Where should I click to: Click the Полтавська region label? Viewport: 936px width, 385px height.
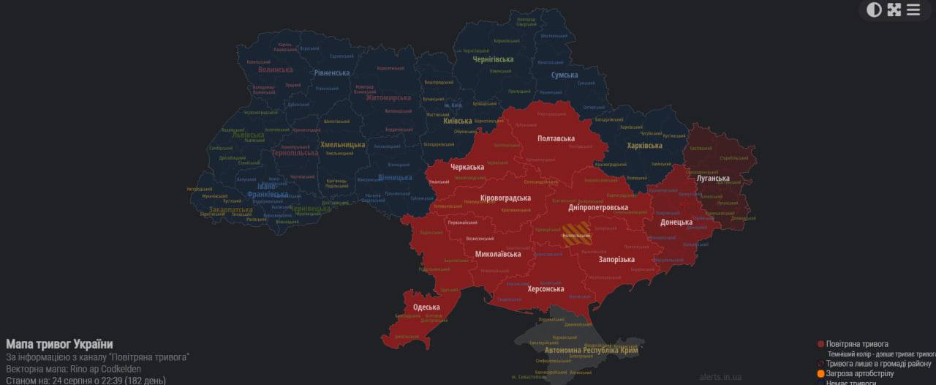[556, 138]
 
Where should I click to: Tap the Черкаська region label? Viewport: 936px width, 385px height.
[467, 167]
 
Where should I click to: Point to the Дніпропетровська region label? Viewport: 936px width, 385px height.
[598, 208]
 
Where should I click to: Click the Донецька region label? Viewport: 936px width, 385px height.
[676, 223]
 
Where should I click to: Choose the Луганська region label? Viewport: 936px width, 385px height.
[712, 179]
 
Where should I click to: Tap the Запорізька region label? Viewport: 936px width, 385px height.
[616, 259]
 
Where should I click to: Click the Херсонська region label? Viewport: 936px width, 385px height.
[546, 289]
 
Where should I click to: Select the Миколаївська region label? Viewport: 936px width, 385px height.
[498, 254]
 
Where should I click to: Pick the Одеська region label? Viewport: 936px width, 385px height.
[426, 307]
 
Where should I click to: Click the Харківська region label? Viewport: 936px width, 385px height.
[645, 146]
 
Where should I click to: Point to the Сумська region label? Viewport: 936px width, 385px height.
[564, 75]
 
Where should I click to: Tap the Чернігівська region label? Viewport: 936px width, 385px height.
[493, 59]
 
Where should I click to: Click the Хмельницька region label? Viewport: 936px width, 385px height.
[342, 145]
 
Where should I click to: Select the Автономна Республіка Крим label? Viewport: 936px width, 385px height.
[591, 351]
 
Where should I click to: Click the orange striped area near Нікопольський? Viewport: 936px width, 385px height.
[577, 235]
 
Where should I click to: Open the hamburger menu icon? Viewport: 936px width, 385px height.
[913, 10]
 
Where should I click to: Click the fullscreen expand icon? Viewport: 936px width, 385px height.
[894, 10]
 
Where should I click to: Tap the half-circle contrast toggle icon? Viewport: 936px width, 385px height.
[874, 10]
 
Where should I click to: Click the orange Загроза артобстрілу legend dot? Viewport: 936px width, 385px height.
[820, 374]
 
